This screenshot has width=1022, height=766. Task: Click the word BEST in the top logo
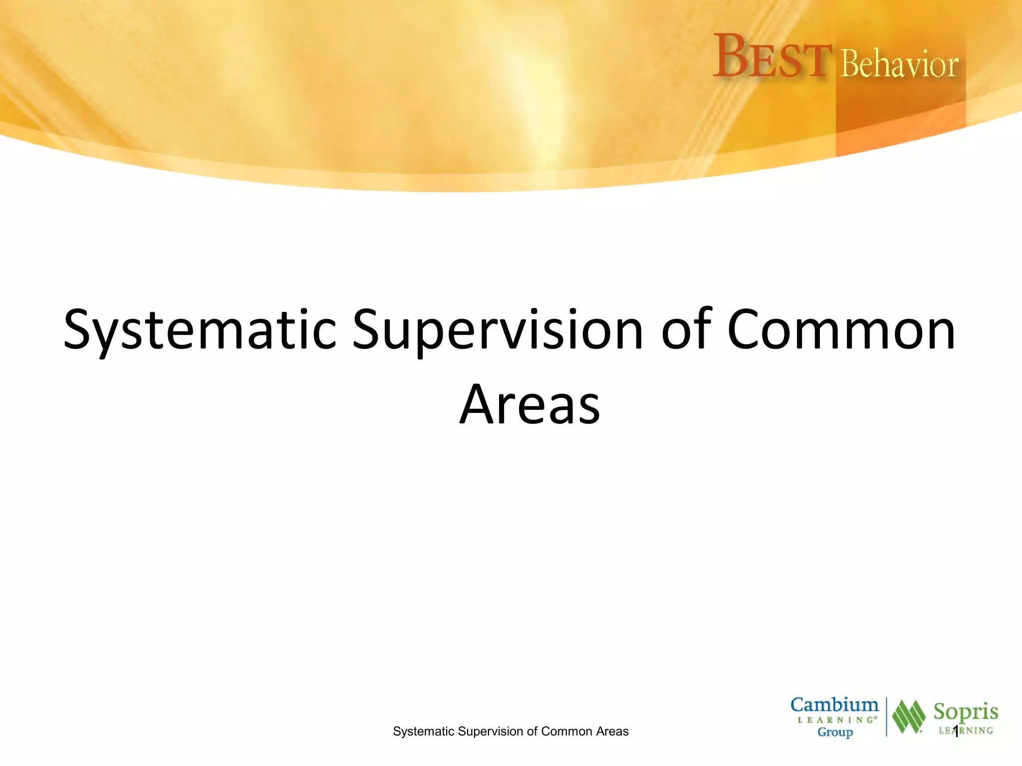[x=772, y=57]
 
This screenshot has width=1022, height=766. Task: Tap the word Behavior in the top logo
[x=899, y=65]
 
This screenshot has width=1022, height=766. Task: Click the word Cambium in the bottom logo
[x=834, y=705]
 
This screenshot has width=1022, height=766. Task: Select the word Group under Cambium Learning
[x=835, y=732]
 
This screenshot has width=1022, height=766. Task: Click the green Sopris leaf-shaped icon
[x=909, y=717]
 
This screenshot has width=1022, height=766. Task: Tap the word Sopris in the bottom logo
[x=966, y=712]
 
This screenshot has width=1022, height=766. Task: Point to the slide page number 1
[x=956, y=732]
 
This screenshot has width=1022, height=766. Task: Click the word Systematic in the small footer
[x=423, y=732]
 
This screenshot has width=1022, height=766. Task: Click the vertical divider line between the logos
[x=887, y=717]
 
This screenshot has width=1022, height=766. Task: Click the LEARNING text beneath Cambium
[x=836, y=720]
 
